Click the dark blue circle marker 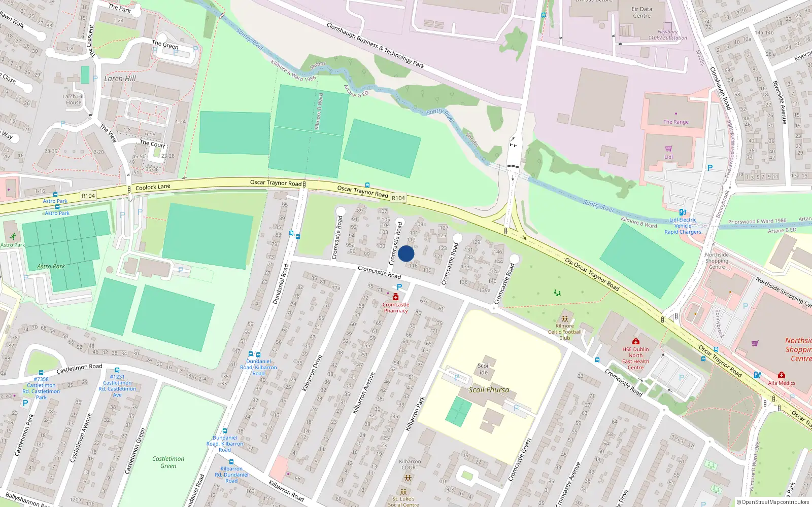click(406, 253)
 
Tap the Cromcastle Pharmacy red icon click(396, 297)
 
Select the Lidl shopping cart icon click(668, 149)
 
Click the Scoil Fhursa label click(489, 390)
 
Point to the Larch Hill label click(120, 79)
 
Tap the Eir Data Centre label click(641, 12)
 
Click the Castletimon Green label click(168, 462)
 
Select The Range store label click(676, 122)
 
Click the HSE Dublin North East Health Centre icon click(635, 342)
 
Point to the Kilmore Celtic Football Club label click(564, 332)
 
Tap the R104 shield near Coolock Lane click(88, 196)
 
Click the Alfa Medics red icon click(781, 376)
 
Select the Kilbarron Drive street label click(312, 373)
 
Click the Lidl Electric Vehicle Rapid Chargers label click(683, 226)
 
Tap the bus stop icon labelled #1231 click(117, 371)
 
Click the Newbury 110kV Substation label click(667, 34)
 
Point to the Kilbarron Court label click(410, 464)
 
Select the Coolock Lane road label click(153, 187)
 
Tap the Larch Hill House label click(74, 99)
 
